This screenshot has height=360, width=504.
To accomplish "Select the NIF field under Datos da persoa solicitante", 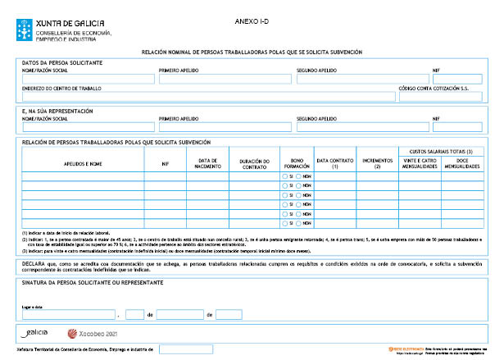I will [457, 80].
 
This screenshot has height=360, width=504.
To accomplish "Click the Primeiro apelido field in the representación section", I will [225, 127].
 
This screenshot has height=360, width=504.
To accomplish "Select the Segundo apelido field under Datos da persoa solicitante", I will [361, 80].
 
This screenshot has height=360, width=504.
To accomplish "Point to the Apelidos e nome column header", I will [83, 164].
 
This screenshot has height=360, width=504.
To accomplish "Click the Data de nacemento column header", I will [207, 163].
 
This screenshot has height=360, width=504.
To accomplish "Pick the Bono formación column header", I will [296, 163].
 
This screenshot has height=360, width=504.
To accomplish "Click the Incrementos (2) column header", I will [377, 163].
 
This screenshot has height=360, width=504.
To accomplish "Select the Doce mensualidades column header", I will [461, 163].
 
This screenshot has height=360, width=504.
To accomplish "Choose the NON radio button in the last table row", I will [300, 223].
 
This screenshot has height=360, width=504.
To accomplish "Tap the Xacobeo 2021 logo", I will [93, 334].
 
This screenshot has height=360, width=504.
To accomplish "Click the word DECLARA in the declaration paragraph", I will [34, 264].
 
